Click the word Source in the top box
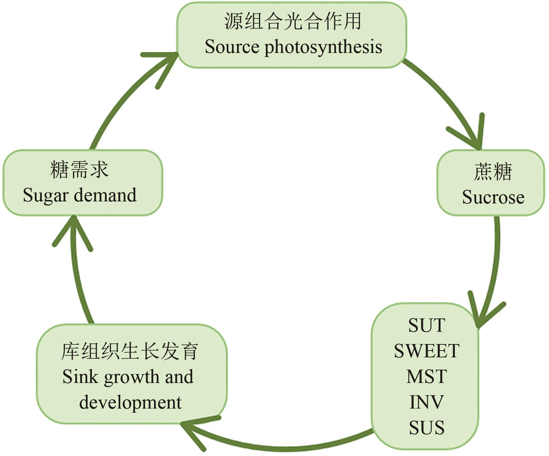click(x=232, y=47)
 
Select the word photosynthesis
click(x=323, y=47)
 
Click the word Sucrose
click(x=493, y=197)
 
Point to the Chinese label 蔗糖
click(x=493, y=172)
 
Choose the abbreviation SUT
click(x=426, y=325)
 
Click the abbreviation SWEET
click(x=426, y=351)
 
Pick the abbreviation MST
click(x=426, y=376)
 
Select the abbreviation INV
click(x=426, y=402)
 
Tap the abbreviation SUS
click(x=426, y=428)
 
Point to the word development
click(x=130, y=402)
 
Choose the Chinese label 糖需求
click(x=79, y=170)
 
